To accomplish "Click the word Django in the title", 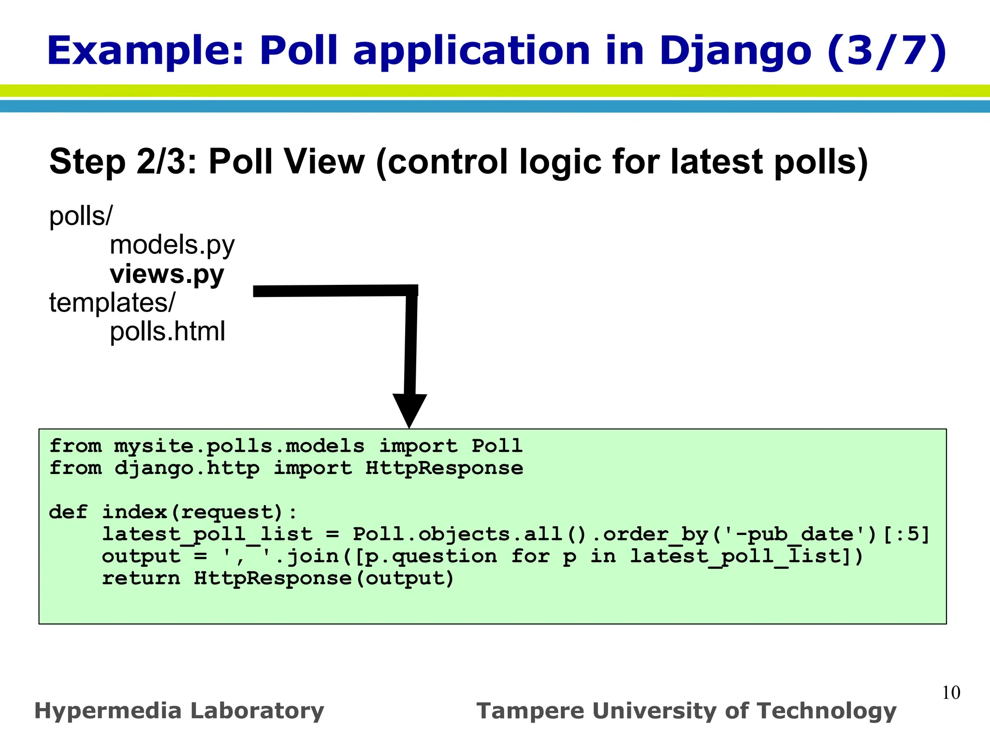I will (735, 51).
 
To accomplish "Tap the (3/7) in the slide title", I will (887, 51).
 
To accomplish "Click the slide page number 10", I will (951, 693).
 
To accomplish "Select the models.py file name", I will (172, 245).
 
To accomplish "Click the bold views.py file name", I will (167, 274).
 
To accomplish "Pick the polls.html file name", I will (167, 332).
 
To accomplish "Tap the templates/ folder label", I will (112, 303).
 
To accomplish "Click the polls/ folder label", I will (81, 216).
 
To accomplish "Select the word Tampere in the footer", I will (530, 711).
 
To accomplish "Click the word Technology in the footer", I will (827, 711).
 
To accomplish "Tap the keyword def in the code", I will (68, 512).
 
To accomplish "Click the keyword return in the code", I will (141, 579).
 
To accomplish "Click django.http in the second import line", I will (187, 468).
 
